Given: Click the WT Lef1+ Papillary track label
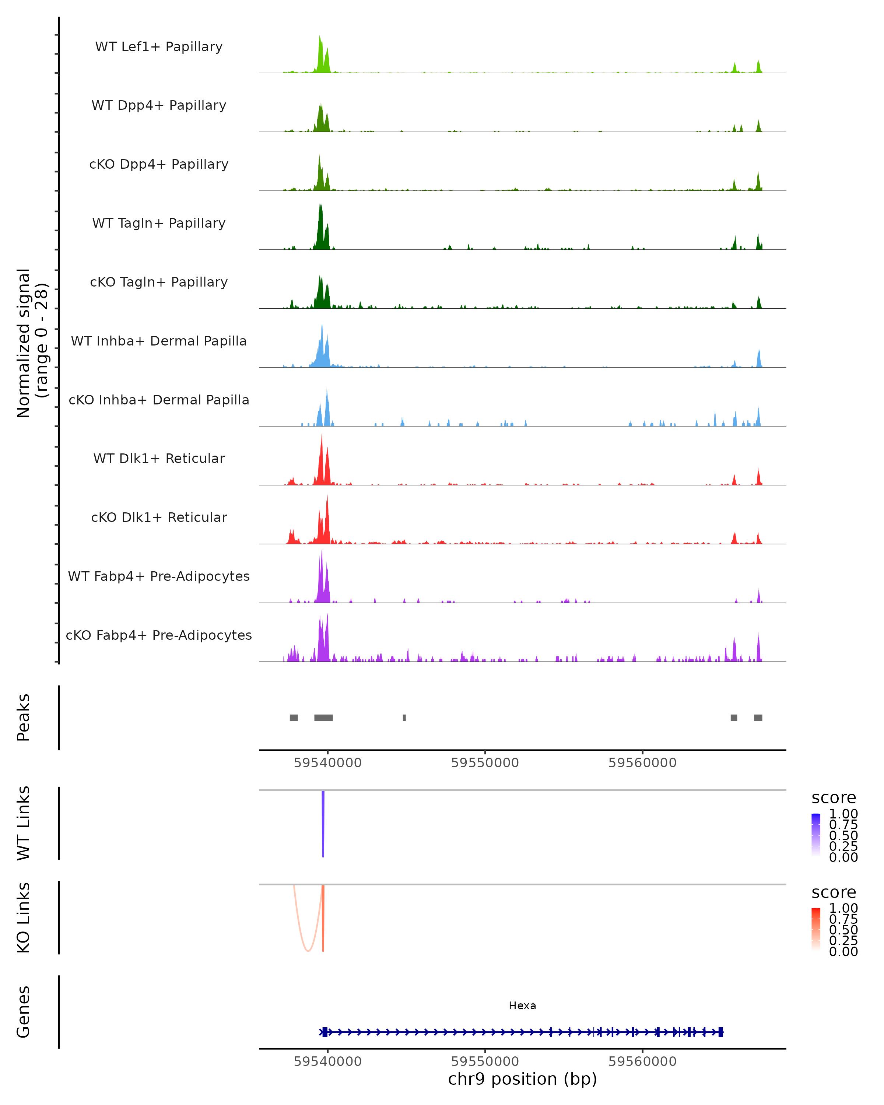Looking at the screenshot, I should (159, 47).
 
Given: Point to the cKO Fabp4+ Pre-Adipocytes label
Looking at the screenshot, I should (159, 635).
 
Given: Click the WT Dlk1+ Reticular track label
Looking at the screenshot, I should (159, 458).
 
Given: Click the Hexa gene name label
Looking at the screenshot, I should (522, 1006).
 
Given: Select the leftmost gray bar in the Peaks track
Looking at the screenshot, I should (294, 718).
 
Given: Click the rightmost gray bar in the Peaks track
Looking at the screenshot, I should (758, 718).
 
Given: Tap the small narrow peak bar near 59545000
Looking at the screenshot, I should (404, 718).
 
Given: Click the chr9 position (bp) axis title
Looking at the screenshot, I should (522, 1079).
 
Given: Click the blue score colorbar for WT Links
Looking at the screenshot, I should (816, 834).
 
